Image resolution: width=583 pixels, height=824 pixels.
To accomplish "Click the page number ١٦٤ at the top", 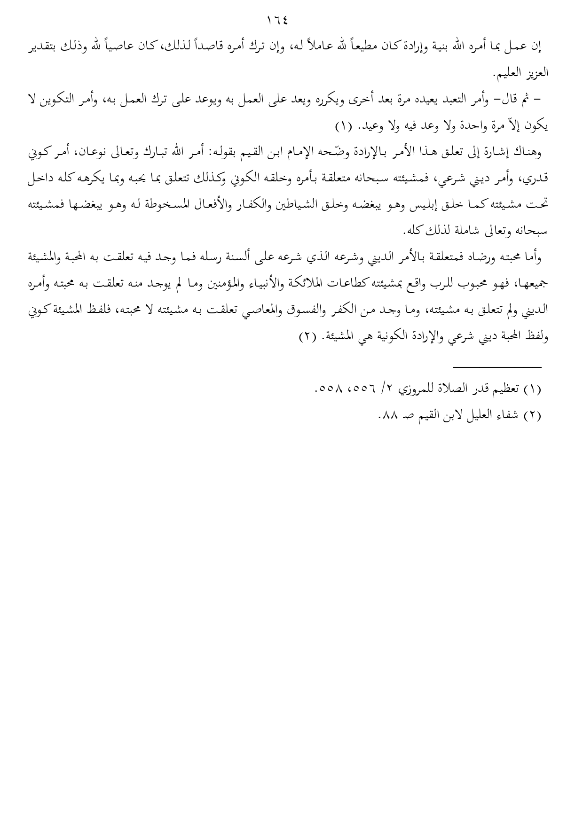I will (x=277, y=21).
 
